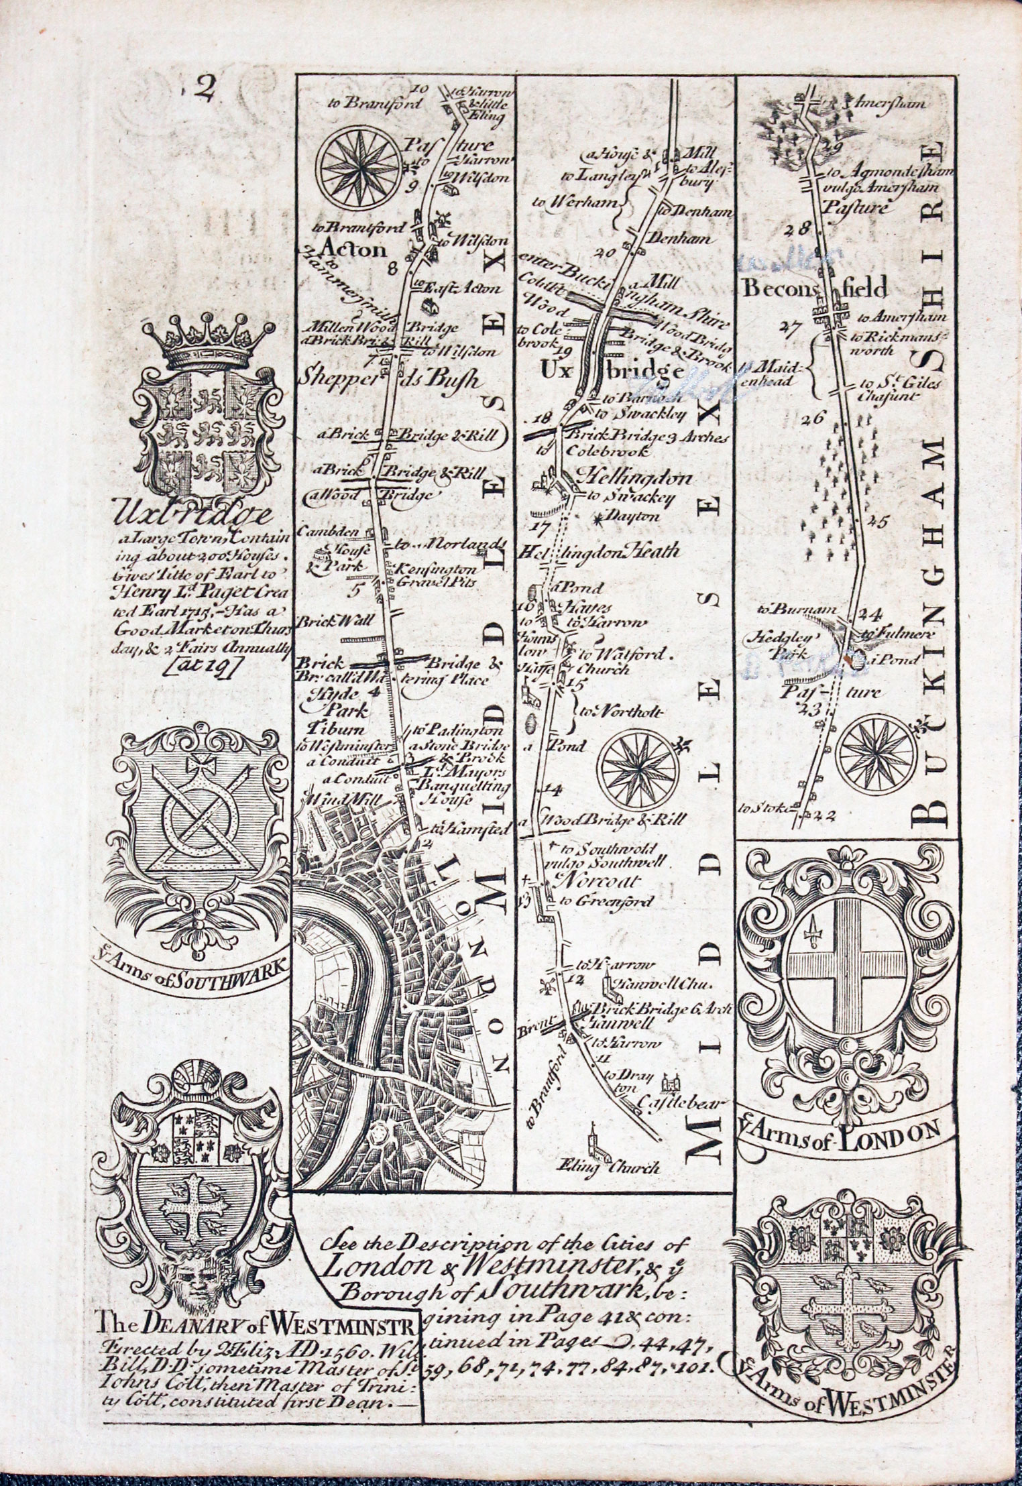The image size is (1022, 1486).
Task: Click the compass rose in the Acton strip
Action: [360, 166]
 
